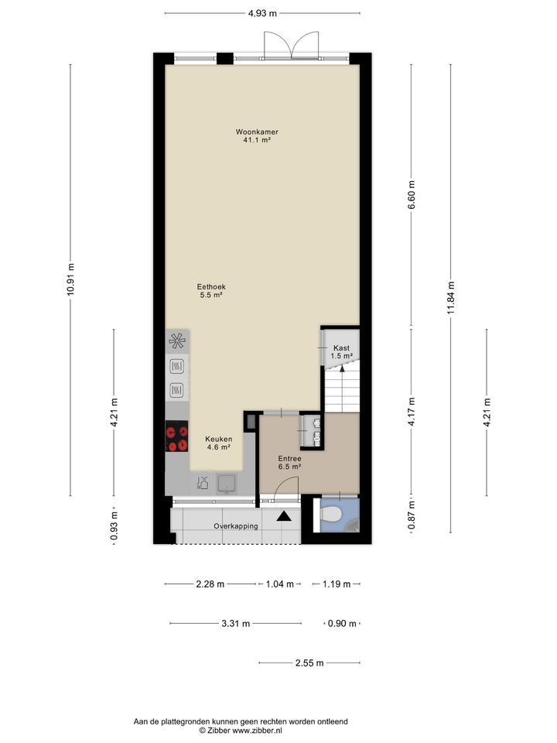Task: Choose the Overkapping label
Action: click(x=236, y=526)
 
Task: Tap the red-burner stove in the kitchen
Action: click(x=176, y=436)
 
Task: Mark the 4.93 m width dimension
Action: click(x=261, y=13)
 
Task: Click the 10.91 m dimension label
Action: click(x=70, y=279)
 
